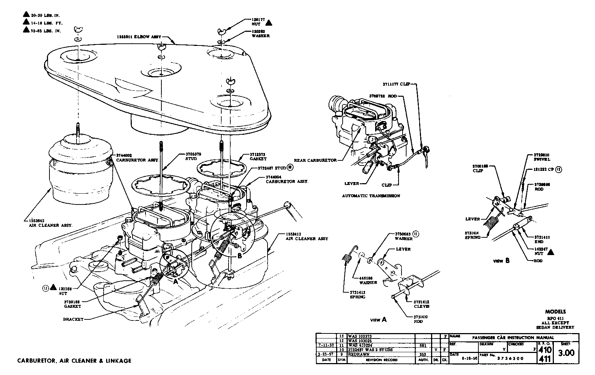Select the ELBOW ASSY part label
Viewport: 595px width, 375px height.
(139, 37)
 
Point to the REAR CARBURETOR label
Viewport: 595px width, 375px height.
(315, 160)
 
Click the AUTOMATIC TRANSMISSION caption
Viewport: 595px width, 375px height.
(371, 196)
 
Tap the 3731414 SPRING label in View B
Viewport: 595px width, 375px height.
(473, 235)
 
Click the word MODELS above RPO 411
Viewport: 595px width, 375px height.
(555, 312)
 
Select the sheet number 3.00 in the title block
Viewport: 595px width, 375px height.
(566, 353)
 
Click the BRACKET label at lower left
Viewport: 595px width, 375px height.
(73, 319)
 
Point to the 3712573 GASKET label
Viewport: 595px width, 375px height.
(257, 156)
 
